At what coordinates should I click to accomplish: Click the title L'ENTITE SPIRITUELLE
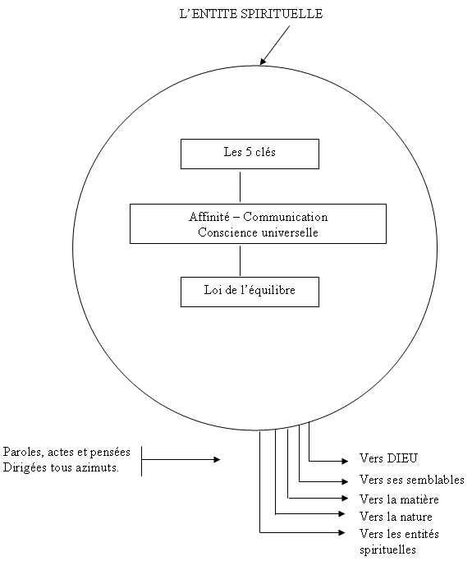coord(251,14)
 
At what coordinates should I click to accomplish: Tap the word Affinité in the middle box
coord(209,217)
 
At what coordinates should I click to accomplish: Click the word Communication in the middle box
coord(286,217)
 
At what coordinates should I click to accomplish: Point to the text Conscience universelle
coord(259,232)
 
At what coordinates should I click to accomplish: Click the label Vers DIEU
coord(388,458)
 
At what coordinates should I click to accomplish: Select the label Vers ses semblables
coord(412,480)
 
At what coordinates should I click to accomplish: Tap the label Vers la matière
coord(399,499)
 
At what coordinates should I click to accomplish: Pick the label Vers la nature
coord(396,517)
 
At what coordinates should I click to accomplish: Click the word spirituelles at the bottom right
coord(388,550)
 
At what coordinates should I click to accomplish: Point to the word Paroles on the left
coord(24,452)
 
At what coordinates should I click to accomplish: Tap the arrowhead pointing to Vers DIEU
coord(345,461)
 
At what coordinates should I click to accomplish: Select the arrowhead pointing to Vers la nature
coord(341,514)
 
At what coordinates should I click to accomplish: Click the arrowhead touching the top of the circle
coord(263,61)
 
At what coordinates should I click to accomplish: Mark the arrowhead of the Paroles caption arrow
coord(217,459)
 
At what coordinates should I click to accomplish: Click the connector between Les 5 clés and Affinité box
coord(240,186)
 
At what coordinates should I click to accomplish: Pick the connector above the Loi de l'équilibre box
coord(240,260)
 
